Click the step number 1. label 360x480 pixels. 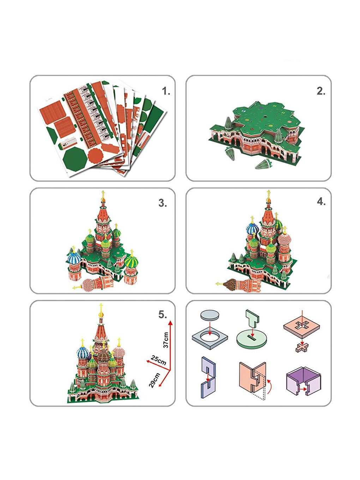tap(166, 91)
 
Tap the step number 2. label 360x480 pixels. tap(321, 91)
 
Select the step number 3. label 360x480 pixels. tap(162, 203)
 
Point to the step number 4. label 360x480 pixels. tap(321, 202)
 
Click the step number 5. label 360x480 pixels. tap(162, 314)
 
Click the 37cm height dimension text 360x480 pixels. tap(166, 340)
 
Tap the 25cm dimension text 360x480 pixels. tap(158, 360)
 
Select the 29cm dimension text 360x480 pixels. tap(154, 380)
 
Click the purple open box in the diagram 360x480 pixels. tap(303, 382)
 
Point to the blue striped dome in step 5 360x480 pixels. tap(83, 352)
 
